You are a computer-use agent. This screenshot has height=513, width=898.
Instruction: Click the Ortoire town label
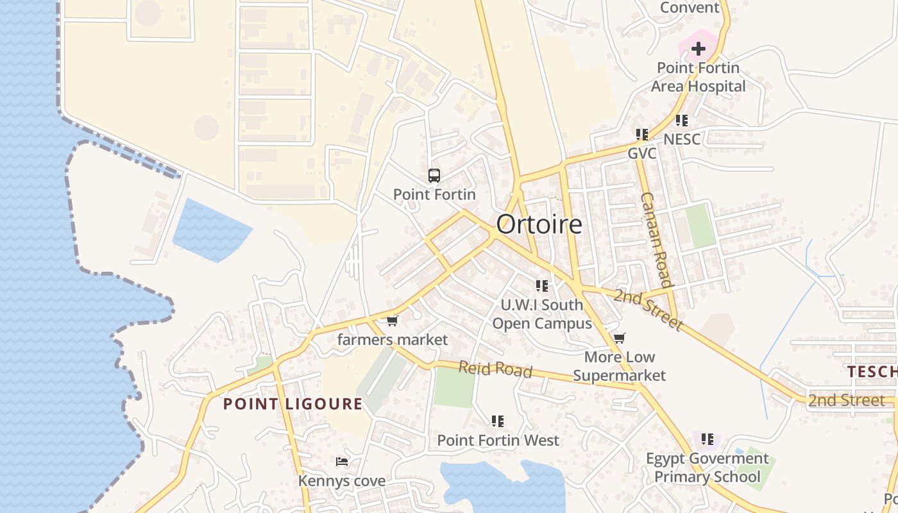tap(539, 224)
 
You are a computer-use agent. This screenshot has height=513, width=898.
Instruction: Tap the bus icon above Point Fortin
tap(434, 176)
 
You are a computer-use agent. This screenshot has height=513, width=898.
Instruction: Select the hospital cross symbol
tap(698, 48)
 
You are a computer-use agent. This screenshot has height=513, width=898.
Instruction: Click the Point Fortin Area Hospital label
tap(698, 77)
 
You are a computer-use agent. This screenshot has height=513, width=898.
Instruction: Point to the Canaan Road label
tap(656, 240)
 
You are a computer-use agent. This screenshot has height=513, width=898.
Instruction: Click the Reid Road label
tap(495, 369)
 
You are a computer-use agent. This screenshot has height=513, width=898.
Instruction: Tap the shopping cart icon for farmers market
tap(393, 320)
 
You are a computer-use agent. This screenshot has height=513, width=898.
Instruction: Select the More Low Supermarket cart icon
tap(619, 338)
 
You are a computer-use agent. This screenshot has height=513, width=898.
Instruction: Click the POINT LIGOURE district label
tap(292, 404)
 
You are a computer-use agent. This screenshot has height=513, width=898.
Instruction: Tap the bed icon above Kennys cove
tap(342, 462)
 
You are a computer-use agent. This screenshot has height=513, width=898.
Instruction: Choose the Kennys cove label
tap(342, 480)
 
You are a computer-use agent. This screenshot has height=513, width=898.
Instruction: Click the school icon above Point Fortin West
tap(498, 421)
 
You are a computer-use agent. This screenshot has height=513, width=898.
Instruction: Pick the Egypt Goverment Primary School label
tap(707, 467)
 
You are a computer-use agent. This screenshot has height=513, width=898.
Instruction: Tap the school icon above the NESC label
tap(682, 121)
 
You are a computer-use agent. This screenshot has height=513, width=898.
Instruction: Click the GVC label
tap(641, 154)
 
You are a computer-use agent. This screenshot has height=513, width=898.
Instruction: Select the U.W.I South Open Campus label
tap(542, 314)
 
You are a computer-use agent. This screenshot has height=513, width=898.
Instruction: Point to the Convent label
tap(690, 8)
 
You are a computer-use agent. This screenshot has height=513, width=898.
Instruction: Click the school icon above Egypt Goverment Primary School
tap(707, 439)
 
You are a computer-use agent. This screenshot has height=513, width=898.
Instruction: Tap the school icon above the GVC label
tap(641, 135)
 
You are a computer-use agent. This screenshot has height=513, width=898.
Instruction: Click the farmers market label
tap(393, 339)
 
